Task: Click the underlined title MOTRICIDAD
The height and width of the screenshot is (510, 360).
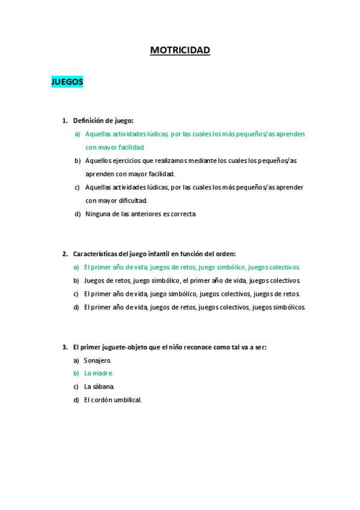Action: tap(180, 51)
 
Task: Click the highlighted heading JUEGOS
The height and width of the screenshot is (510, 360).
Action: tap(67, 82)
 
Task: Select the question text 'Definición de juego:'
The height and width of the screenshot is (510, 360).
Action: tap(103, 120)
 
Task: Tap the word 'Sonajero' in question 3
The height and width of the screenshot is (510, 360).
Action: tap(97, 360)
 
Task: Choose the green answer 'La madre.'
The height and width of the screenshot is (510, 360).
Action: tap(98, 373)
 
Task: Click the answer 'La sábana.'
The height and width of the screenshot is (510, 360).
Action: tap(99, 387)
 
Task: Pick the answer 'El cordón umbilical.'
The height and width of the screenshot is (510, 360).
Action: tap(112, 400)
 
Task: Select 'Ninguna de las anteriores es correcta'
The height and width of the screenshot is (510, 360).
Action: tap(140, 214)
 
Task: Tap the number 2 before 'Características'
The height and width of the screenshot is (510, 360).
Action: tap(64, 254)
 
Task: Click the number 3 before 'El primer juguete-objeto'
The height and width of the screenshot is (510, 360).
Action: tap(64, 347)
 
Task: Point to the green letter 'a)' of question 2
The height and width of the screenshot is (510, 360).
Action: tap(76, 267)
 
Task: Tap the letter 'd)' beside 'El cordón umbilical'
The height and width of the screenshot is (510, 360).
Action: tap(76, 400)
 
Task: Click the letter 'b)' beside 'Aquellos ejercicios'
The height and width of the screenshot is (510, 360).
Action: tap(78, 161)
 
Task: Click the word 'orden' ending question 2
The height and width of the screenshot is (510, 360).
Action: tap(225, 254)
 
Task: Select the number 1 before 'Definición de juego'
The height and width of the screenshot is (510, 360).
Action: tap(64, 120)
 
